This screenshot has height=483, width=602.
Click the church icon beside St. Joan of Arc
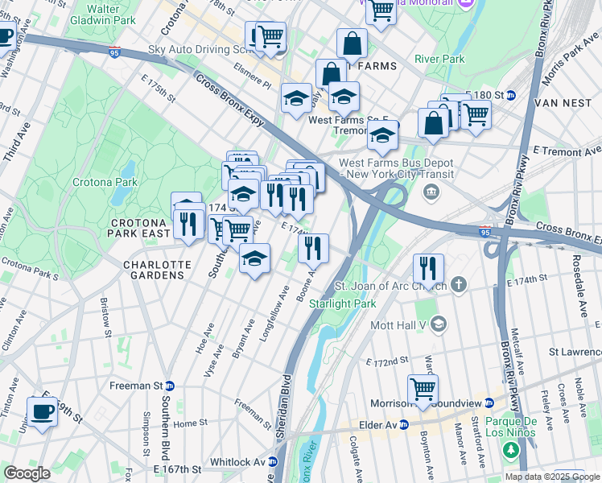click(x=459, y=284)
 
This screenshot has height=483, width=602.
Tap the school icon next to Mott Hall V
click(x=439, y=324)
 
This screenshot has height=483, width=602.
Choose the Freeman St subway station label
click(x=146, y=386)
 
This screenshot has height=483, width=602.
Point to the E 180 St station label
click(x=493, y=95)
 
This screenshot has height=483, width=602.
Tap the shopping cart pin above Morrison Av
click(x=423, y=388)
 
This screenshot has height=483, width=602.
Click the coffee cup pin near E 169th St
click(x=43, y=411)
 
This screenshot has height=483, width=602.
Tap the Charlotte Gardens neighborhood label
click(x=157, y=270)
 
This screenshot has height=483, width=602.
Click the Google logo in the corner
click(x=27, y=473)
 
